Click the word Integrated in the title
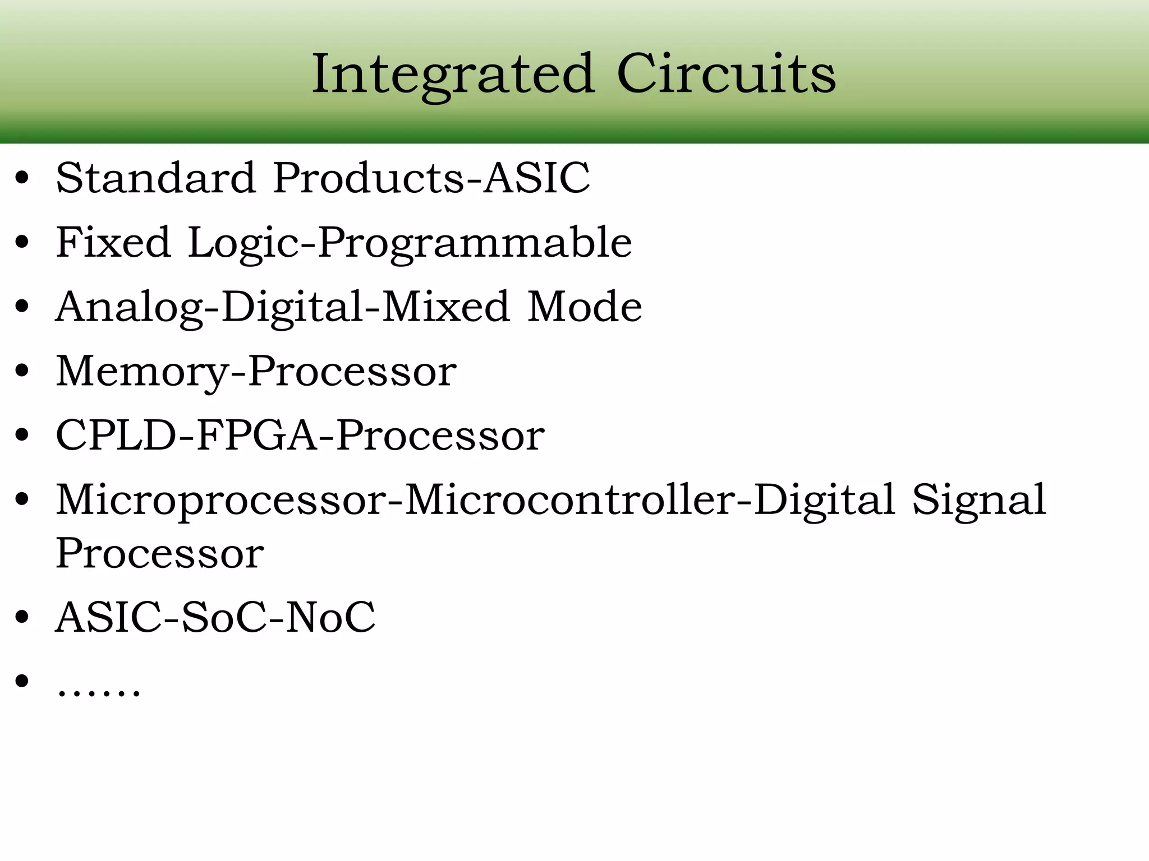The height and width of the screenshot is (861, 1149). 453,75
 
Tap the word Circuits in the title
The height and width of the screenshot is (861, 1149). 726,75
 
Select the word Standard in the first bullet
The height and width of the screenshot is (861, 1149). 156,178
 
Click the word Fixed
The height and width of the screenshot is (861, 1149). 113,243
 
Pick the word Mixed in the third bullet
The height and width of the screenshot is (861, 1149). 445,307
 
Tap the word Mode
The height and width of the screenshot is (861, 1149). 585,307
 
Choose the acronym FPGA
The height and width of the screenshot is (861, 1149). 258,436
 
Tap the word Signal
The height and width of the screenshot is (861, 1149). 979,501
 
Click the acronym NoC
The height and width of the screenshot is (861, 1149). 330,618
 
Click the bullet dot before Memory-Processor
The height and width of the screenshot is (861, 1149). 22,372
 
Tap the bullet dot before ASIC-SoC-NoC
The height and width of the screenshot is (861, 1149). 22,617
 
